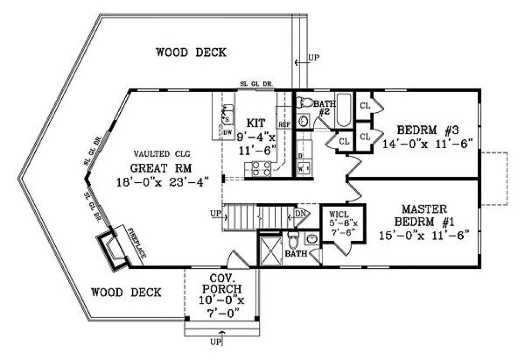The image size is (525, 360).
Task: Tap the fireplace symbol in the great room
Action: point(113,250)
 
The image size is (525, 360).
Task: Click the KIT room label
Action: point(255,123)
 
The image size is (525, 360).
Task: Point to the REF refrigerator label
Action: point(284,124)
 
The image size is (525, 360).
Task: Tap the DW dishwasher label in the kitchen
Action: point(228,132)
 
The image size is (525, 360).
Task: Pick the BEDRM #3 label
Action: point(428,131)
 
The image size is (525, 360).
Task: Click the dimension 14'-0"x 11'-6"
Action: point(428,144)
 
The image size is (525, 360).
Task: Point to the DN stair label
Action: point(300,215)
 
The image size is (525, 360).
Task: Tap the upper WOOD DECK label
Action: point(191,53)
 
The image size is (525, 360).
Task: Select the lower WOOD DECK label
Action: point(126,292)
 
